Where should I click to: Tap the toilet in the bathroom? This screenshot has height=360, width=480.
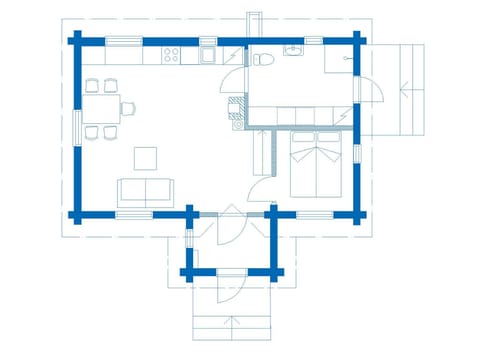click(263, 59)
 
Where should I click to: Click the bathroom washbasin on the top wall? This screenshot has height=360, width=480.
click(295, 50)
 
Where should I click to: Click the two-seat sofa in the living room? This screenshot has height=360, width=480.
click(145, 192)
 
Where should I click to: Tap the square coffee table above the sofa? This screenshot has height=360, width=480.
click(146, 157)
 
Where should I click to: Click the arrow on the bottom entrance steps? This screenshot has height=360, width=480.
click(232, 322)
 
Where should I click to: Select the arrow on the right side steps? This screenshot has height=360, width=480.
click(406, 91)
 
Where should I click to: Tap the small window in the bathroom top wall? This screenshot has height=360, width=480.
click(313, 40)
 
